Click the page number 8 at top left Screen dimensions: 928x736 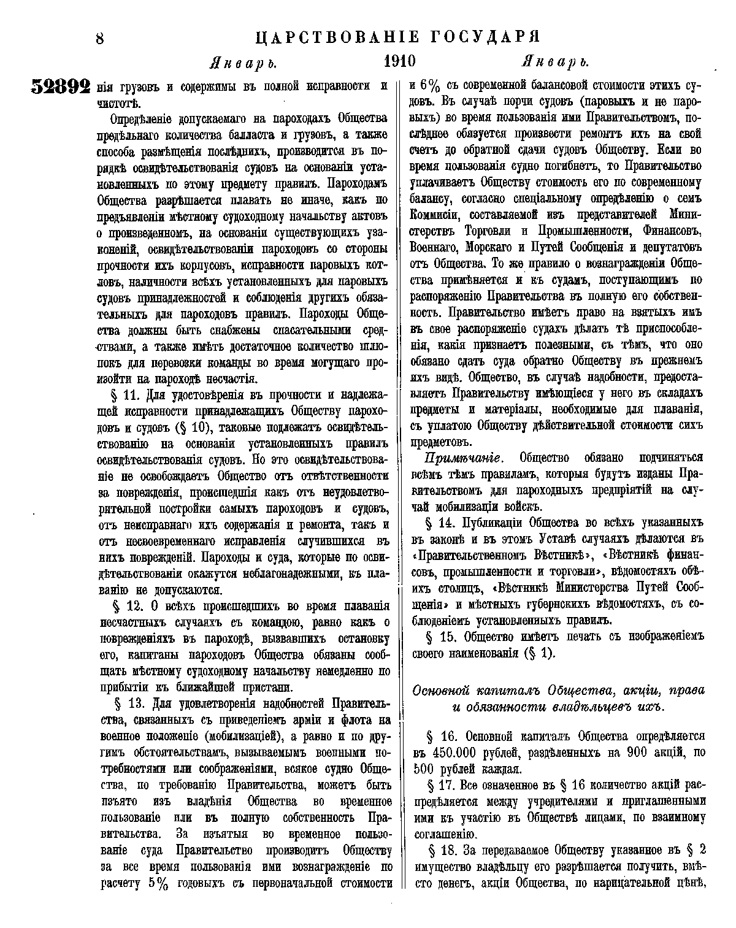click(99, 38)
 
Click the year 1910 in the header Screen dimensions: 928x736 click(399, 62)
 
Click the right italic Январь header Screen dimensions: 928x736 click(555, 63)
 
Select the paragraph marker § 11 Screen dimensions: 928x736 click(126, 394)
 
